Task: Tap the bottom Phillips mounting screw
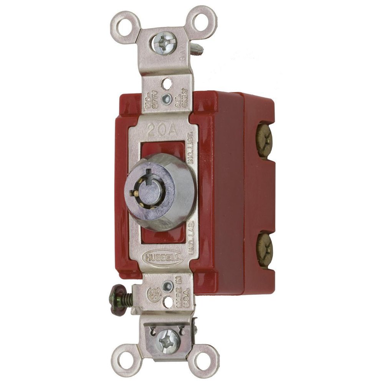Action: [x=167, y=340]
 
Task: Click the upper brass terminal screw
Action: [x=265, y=141]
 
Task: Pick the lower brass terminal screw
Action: [x=265, y=249]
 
